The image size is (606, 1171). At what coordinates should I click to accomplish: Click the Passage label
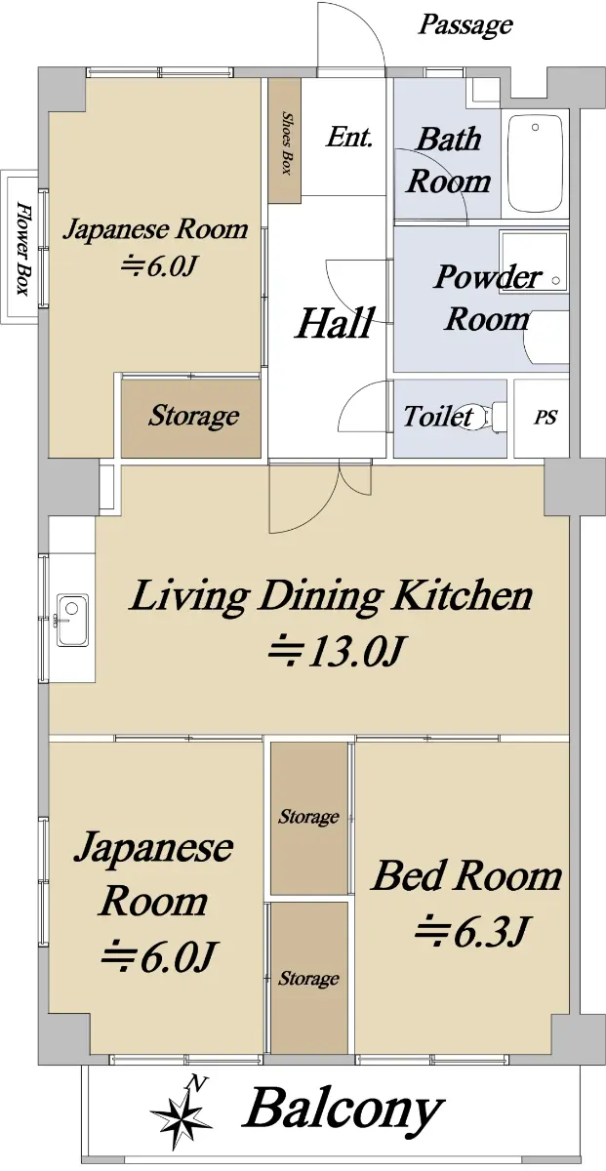[465, 24]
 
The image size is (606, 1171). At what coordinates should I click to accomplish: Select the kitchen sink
[72, 620]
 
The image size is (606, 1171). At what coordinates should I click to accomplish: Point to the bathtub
[535, 163]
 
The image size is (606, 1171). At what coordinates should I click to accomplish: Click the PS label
[545, 418]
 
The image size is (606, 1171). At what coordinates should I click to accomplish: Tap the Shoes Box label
[286, 142]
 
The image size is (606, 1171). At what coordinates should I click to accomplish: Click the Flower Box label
[22, 248]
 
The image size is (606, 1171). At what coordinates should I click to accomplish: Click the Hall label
[335, 323]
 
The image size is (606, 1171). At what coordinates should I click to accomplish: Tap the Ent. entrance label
[349, 137]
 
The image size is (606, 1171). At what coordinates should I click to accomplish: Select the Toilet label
[438, 416]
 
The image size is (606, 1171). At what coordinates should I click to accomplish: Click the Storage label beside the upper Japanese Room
[194, 416]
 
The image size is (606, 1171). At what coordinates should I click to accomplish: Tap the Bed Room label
[466, 875]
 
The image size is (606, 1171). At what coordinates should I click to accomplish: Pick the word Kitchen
[463, 596]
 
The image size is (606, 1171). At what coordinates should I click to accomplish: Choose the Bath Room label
[449, 160]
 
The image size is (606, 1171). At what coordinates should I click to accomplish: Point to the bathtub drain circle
[535, 127]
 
